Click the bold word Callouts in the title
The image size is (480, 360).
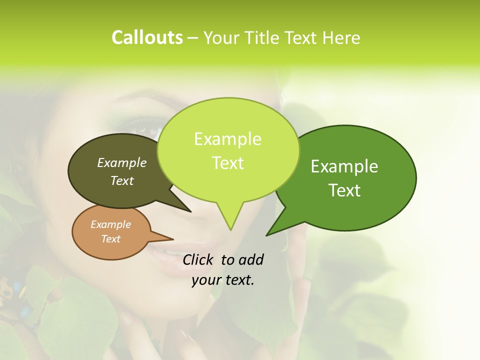point(147,37)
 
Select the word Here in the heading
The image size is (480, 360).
point(342,37)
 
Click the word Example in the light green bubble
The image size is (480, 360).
point(227,139)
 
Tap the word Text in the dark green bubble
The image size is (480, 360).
point(345,190)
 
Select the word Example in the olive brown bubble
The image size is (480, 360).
point(122,162)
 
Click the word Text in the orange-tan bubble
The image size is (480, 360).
point(111,239)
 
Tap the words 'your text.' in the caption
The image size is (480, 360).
point(223,280)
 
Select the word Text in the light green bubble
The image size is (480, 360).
point(228,163)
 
